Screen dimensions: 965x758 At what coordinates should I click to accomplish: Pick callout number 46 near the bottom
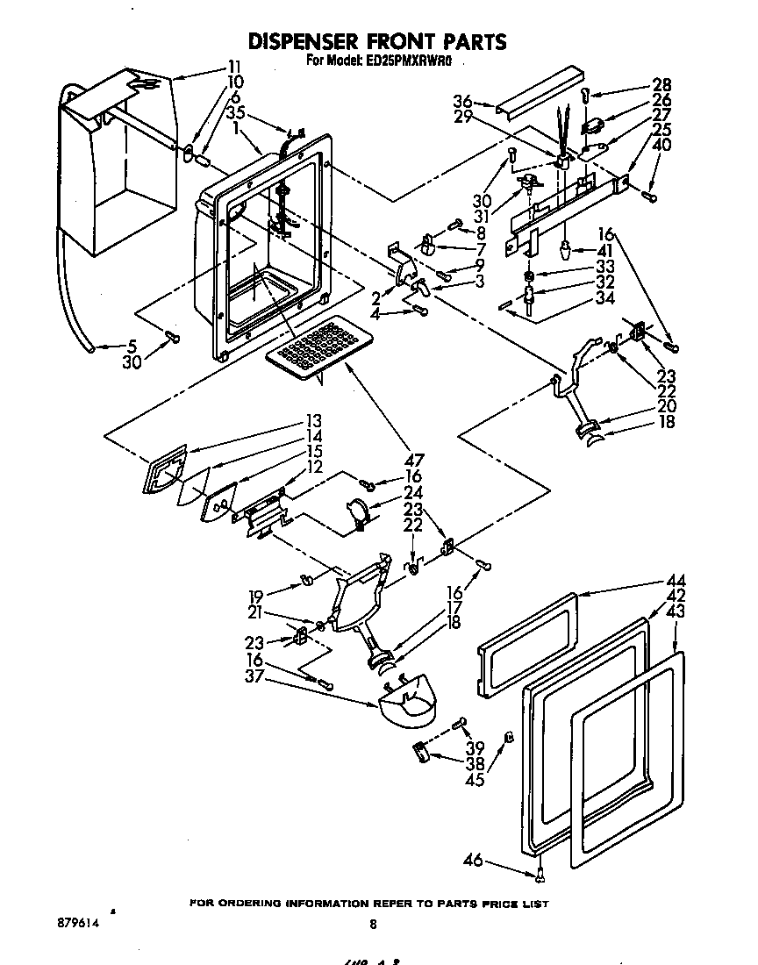[473, 861]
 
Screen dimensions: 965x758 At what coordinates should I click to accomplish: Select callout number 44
[676, 581]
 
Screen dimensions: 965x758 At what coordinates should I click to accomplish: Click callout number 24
[413, 492]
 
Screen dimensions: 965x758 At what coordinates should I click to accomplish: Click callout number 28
[661, 85]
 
